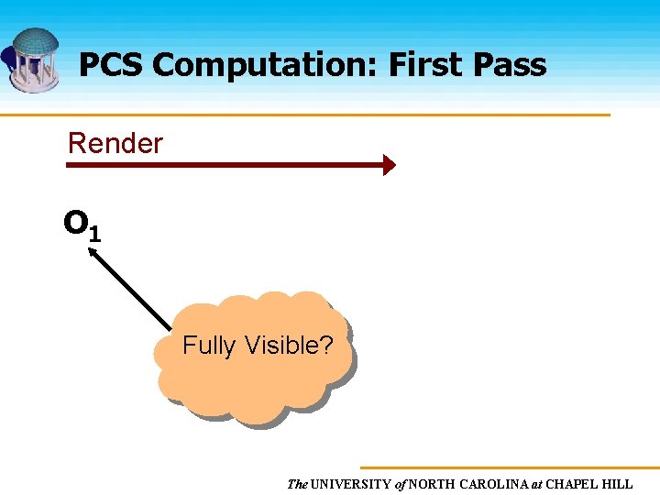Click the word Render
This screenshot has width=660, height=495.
click(x=115, y=143)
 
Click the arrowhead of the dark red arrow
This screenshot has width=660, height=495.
click(x=390, y=165)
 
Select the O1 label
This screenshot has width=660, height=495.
click(x=82, y=225)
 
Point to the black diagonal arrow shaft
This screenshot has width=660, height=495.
click(x=133, y=291)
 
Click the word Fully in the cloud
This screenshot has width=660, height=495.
click(x=209, y=346)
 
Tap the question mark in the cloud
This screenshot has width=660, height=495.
click(x=327, y=346)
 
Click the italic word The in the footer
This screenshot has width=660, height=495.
click(x=297, y=484)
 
